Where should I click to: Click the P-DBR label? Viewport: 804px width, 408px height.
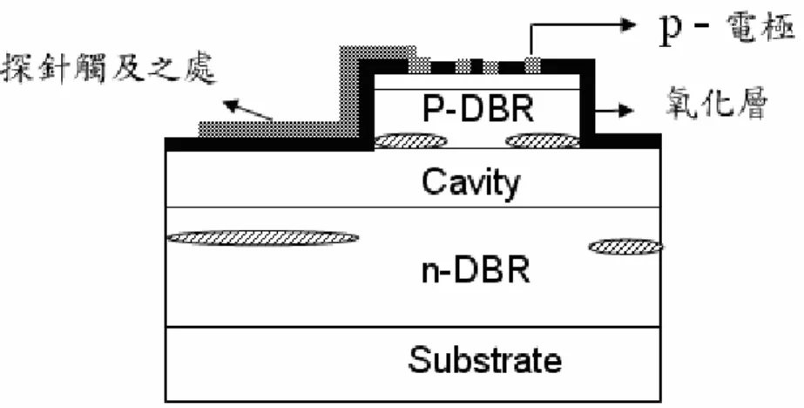(x=478, y=109)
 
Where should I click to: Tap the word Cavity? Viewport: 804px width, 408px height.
(x=470, y=183)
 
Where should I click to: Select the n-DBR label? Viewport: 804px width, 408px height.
(x=476, y=269)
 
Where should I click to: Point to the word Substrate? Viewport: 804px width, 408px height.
(x=484, y=359)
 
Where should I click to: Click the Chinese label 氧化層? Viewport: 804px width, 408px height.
(x=717, y=103)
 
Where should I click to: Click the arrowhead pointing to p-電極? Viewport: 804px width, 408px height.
(x=629, y=24)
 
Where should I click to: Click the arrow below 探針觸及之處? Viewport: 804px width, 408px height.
(x=247, y=111)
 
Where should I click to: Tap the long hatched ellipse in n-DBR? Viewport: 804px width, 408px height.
(x=264, y=238)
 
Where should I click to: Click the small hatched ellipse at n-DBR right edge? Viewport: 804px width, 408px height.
(x=625, y=247)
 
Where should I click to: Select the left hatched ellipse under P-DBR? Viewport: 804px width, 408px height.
(x=411, y=140)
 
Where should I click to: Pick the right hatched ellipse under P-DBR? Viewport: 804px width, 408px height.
(x=543, y=140)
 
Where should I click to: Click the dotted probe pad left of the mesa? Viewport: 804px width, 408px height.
(x=269, y=129)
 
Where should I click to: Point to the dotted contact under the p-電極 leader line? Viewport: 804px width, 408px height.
(x=533, y=65)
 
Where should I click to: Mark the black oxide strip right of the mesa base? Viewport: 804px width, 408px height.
(x=627, y=141)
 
